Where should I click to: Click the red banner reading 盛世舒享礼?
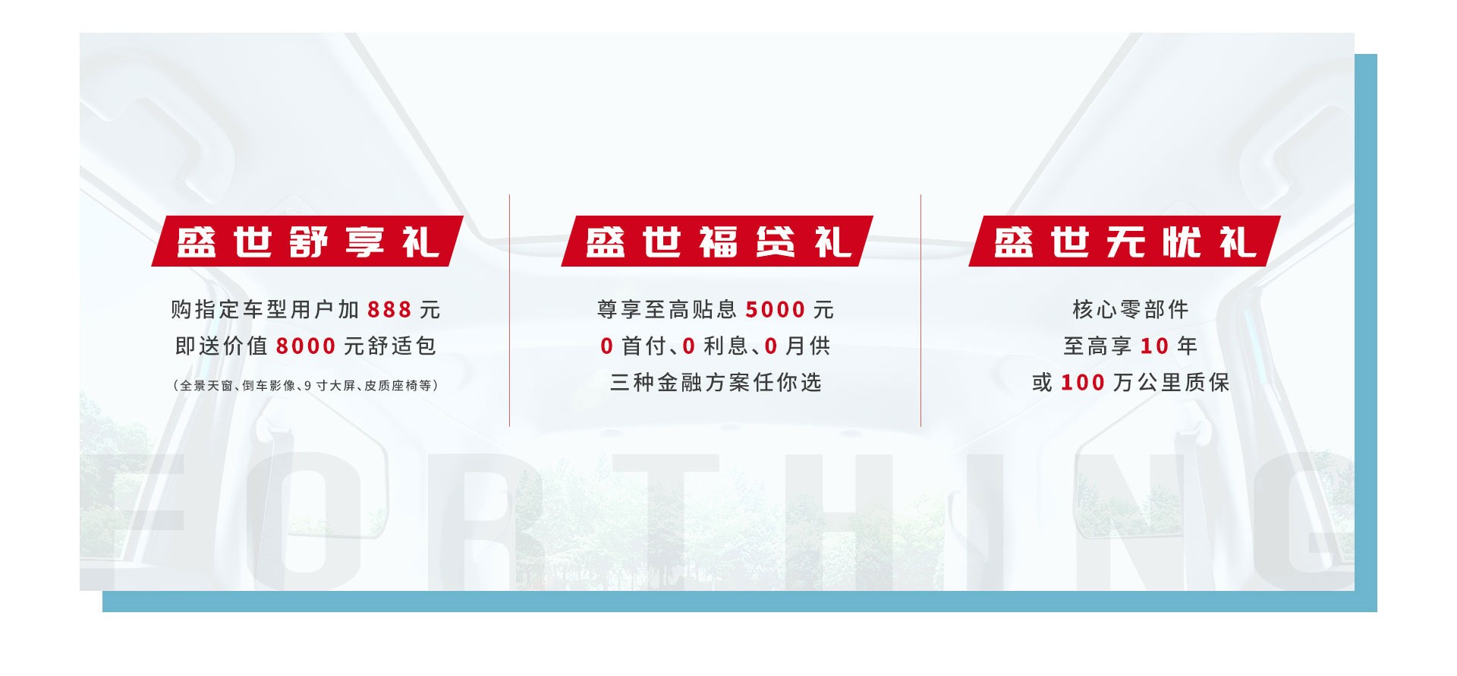click(x=307, y=242)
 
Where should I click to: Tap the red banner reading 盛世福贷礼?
click(x=717, y=242)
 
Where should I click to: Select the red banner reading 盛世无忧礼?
click(x=1125, y=242)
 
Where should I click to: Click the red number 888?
click(x=389, y=310)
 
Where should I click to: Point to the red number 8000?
click(x=305, y=346)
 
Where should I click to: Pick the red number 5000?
click(x=776, y=310)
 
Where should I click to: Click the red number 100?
click(x=1082, y=383)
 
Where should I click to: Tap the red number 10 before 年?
click(x=1154, y=346)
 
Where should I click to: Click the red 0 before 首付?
click(x=606, y=346)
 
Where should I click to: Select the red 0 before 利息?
click(x=688, y=346)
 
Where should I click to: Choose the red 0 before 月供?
click(x=771, y=346)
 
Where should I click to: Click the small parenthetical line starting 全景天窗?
click(x=306, y=386)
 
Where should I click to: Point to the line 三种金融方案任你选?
click(x=716, y=382)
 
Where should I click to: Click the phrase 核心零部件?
click(x=1130, y=309)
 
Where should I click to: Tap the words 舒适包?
click(x=401, y=346)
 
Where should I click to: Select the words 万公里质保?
click(x=1171, y=382)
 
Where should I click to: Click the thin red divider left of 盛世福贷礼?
click(x=509, y=310)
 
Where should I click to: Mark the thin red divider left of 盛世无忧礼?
click(x=920, y=310)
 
